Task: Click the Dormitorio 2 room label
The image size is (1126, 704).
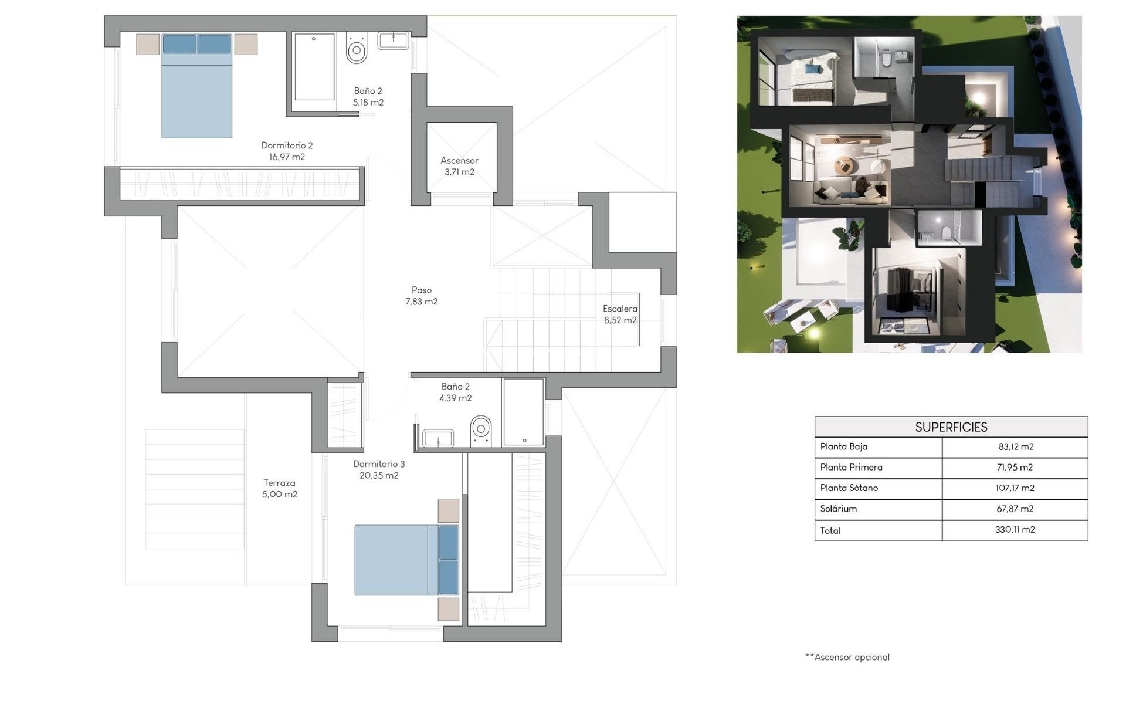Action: tap(287, 151)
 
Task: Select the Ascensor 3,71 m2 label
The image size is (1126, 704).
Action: tap(459, 166)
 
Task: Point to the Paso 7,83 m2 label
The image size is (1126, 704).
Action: tap(421, 296)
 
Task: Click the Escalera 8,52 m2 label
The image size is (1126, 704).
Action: tap(620, 314)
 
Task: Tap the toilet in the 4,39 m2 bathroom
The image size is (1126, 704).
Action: tap(481, 431)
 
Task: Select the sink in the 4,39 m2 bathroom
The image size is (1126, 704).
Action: tap(437, 438)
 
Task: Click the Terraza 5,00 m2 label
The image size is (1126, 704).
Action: tap(279, 488)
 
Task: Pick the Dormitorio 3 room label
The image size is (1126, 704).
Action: tap(379, 469)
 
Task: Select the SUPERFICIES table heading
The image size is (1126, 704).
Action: tap(951, 427)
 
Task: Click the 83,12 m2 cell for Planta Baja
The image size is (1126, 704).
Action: tap(1015, 447)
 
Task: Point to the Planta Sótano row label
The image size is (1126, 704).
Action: tap(849, 488)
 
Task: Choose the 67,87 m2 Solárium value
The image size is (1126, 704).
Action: tap(1015, 509)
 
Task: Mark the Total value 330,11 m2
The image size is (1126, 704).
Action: tap(1015, 530)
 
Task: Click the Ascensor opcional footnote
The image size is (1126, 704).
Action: tap(847, 657)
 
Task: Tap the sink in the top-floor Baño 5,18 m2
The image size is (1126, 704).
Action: tap(393, 40)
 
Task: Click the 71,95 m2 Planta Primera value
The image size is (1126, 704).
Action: tap(1015, 468)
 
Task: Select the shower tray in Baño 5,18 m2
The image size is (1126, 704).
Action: tap(314, 67)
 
